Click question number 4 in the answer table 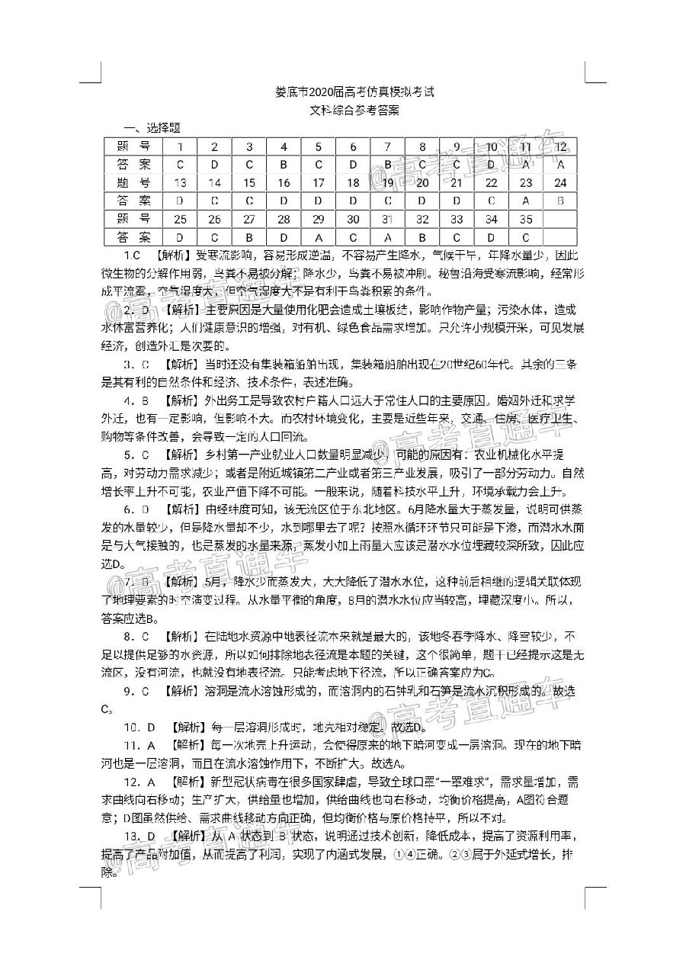click(x=284, y=147)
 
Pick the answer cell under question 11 click(x=526, y=165)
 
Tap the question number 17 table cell click(x=319, y=183)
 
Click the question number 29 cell click(x=319, y=219)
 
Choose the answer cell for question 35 click(x=526, y=237)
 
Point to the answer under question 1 click(x=180, y=165)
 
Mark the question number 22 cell click(x=492, y=183)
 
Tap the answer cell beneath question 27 click(x=249, y=237)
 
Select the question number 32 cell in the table click(x=422, y=219)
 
